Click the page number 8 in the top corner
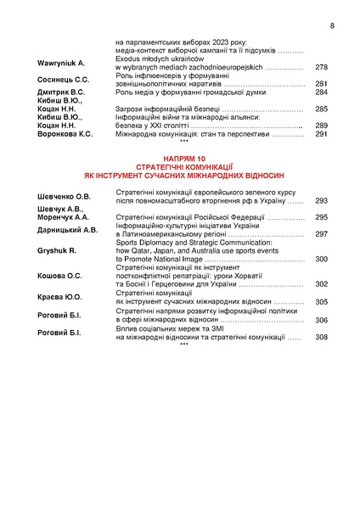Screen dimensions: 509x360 tap(332, 25)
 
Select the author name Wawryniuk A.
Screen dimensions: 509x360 tap(62, 64)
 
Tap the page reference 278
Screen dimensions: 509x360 tap(321, 67)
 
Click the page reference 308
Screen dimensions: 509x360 tap(321, 337)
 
